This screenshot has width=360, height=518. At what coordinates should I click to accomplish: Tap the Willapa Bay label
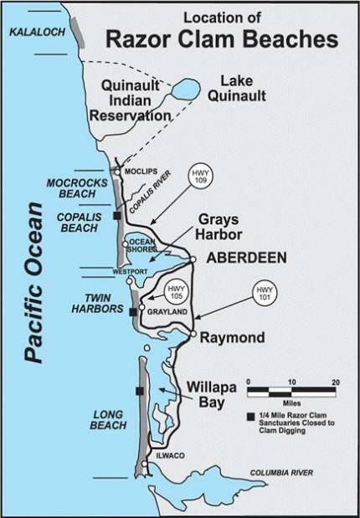pyautogui.click(x=219, y=394)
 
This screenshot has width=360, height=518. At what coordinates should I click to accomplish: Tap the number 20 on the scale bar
pyautogui.click(x=335, y=382)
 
